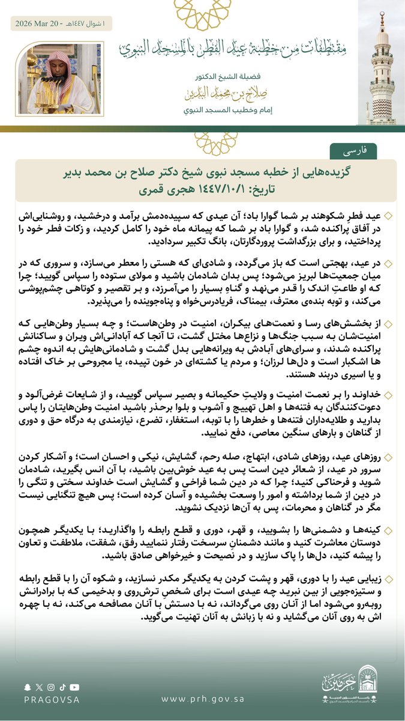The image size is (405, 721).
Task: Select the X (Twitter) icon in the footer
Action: pyautogui.click(x=39, y=687)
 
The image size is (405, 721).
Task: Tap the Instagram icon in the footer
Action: pyautogui.click(x=51, y=687)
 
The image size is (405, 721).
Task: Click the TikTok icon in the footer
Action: pyautogui.click(x=62, y=687)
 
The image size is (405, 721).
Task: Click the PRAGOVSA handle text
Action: pyautogui.click(x=49, y=699)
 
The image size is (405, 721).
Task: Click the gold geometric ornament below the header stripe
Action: pyautogui.click(x=211, y=143)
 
